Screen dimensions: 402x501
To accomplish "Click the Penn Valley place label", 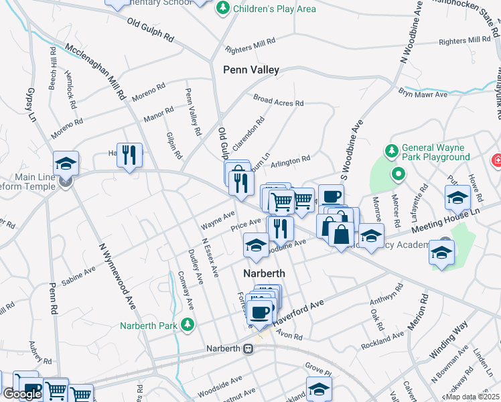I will (x=250, y=70).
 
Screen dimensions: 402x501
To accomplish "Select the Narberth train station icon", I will (x=248, y=348).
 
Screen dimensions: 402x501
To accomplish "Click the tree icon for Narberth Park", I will (x=189, y=326).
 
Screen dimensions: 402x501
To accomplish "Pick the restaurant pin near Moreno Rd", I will (x=129, y=155).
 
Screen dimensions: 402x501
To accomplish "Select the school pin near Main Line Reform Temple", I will (x=66, y=163).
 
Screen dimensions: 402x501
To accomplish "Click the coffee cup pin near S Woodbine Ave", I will (x=331, y=196).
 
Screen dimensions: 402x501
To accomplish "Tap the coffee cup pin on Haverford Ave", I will (x=260, y=310).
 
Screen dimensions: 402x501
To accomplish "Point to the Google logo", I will (x=21, y=394).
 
